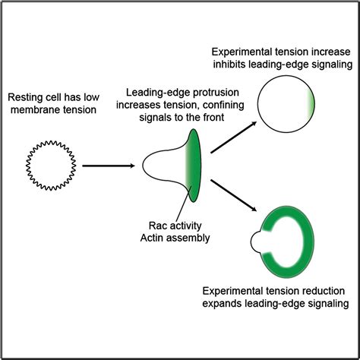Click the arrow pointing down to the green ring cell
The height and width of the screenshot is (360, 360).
click(x=231, y=193)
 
